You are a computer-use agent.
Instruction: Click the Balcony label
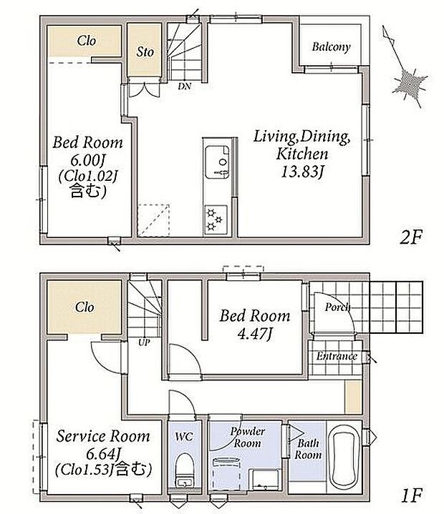pos(331,47)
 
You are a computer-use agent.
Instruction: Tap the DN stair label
pos(185,87)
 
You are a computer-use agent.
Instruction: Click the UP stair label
pos(144,342)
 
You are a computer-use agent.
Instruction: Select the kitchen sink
pos(217,162)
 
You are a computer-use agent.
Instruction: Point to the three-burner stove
pos(216,219)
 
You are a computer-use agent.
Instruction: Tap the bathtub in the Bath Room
pos(344,457)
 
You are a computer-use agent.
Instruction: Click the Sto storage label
pos(145,51)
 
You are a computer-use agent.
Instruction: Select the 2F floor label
pos(410,237)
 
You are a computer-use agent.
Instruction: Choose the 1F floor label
pos(411,495)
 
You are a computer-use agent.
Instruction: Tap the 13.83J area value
pos(303,172)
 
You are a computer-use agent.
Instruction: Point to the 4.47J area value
pos(255,334)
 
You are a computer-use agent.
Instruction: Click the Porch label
pos(337,307)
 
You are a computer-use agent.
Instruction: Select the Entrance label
pos(337,356)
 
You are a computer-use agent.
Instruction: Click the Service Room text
pos(103,436)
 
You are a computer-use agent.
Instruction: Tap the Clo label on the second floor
pos(87,41)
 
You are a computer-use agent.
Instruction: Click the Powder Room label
pos(247,438)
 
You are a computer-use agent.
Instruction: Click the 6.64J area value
pos(104,454)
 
